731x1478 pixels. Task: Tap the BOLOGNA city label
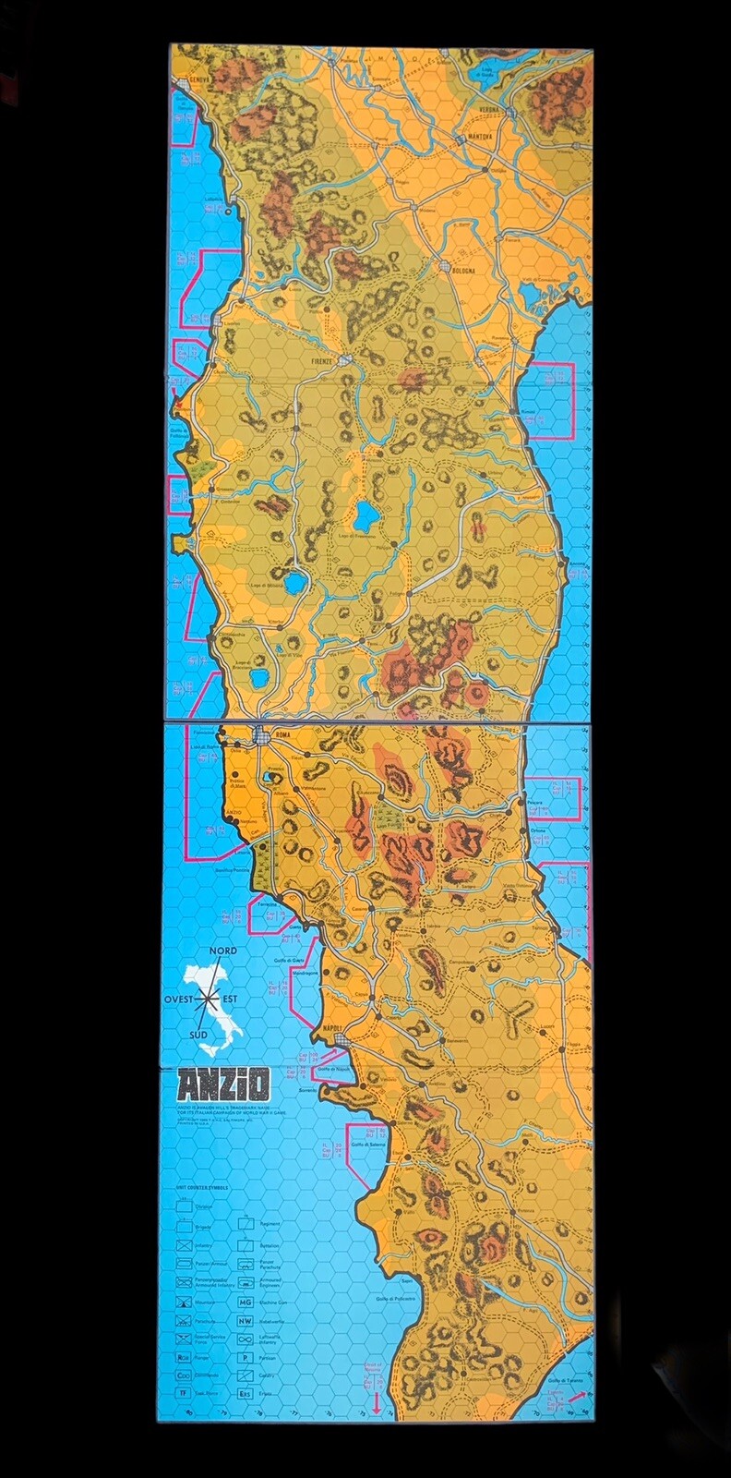pos(461,271)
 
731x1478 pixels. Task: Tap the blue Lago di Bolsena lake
pos(294,584)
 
